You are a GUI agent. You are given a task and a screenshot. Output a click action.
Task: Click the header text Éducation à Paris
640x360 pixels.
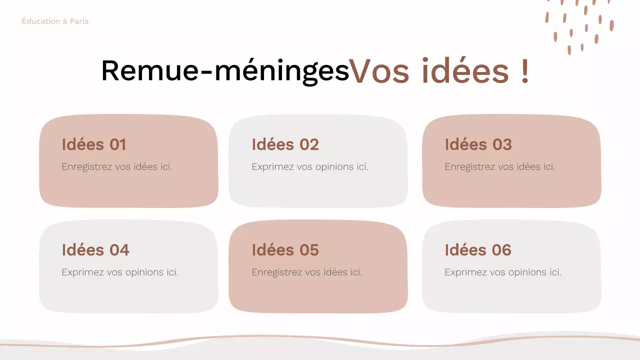pyautogui.click(x=55, y=21)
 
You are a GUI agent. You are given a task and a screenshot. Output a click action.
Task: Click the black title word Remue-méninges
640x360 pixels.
pyautogui.click(x=224, y=71)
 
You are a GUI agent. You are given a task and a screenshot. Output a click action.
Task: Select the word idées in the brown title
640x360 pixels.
pyautogui.click(x=464, y=71)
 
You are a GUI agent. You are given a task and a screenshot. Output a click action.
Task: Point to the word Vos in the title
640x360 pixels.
pyautogui.click(x=380, y=71)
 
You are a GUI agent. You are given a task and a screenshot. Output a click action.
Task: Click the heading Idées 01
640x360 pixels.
pyautogui.click(x=93, y=144)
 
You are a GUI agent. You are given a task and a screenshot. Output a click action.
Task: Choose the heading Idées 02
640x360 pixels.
pyautogui.click(x=285, y=144)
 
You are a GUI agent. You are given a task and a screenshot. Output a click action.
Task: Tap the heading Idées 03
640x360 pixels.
pyautogui.click(x=478, y=144)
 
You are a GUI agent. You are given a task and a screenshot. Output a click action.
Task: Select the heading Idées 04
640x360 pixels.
pyautogui.click(x=95, y=250)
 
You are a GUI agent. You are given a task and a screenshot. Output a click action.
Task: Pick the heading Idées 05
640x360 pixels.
pyautogui.click(x=285, y=250)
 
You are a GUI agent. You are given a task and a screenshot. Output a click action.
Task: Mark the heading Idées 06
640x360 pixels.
pyautogui.click(x=478, y=250)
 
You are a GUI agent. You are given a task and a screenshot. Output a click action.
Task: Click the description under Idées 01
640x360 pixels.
pyautogui.click(x=117, y=167)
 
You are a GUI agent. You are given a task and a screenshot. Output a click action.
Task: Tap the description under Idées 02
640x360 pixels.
pyautogui.click(x=310, y=167)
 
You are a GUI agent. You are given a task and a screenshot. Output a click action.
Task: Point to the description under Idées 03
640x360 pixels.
pyautogui.click(x=500, y=167)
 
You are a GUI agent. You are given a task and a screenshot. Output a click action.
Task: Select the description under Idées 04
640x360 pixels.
pyautogui.click(x=120, y=272)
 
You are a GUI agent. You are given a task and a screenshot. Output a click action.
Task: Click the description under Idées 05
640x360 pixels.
pyautogui.click(x=307, y=272)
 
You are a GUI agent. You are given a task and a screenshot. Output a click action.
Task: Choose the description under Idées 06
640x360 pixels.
pyautogui.click(x=503, y=272)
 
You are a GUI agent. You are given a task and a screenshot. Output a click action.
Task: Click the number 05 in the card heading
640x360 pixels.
pyautogui.click(x=309, y=250)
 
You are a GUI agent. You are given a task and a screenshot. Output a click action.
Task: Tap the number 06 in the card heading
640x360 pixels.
pyautogui.click(x=501, y=250)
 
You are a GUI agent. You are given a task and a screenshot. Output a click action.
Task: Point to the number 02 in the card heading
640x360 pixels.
pyautogui.click(x=309, y=144)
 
